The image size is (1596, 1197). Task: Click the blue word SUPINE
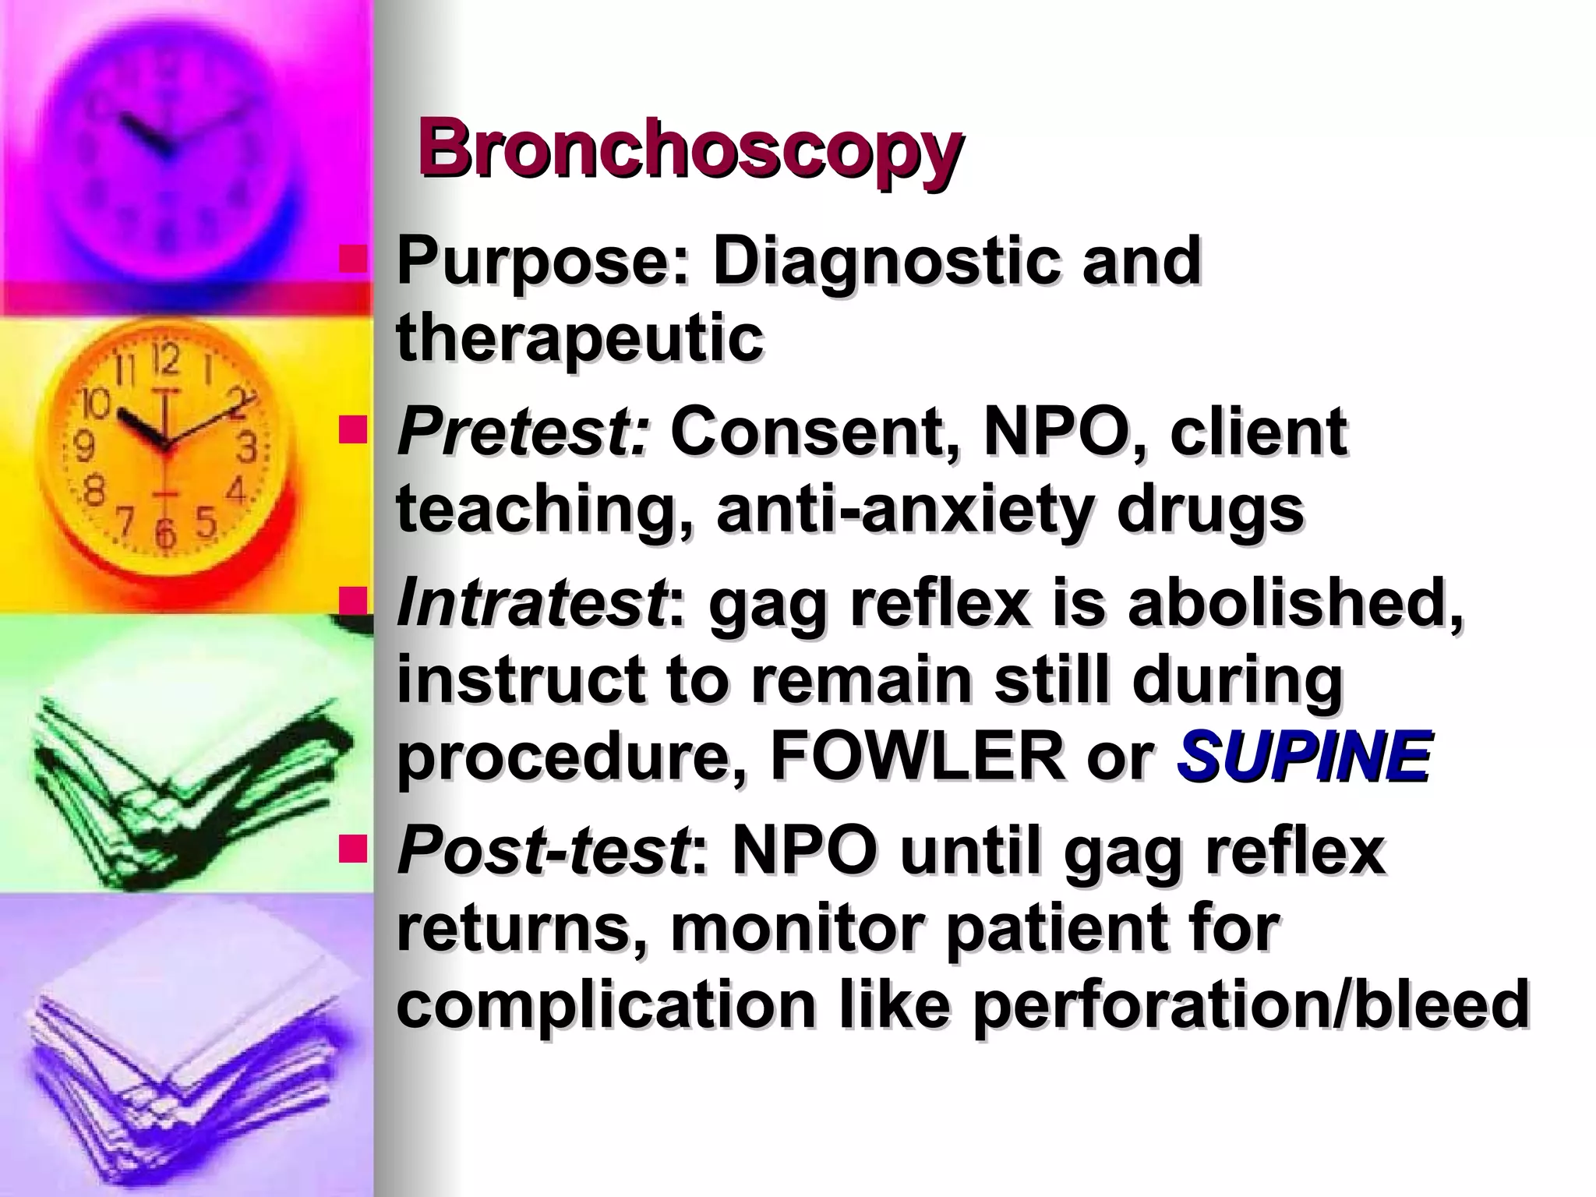[1303, 757]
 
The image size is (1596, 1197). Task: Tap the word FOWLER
[916, 757]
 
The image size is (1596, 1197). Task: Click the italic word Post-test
[542, 852]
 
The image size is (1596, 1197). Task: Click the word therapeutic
[580, 337]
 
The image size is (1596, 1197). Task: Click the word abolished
[1294, 604]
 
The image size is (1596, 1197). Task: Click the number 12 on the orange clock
[165, 360]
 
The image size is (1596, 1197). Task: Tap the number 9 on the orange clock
[84, 447]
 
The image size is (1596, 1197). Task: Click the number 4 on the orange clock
[236, 492]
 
